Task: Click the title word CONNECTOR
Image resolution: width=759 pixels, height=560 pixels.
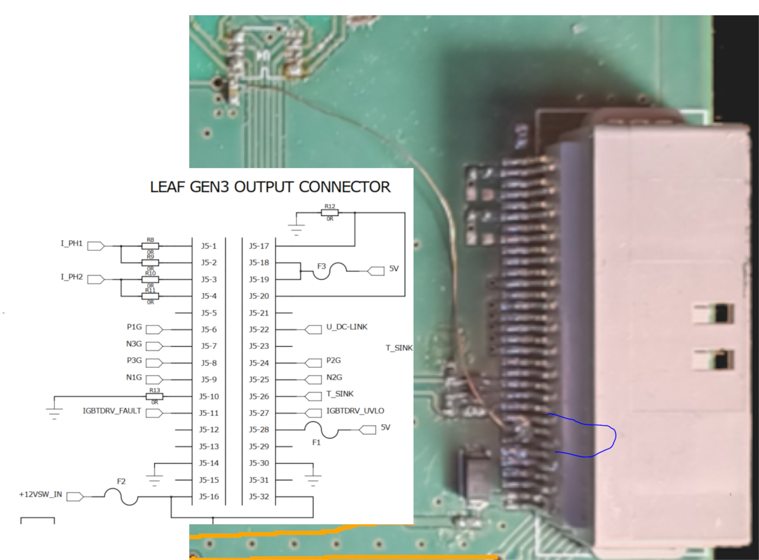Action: click(345, 187)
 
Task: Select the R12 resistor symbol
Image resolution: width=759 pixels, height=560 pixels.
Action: click(329, 213)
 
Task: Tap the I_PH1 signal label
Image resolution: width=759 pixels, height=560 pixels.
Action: click(72, 243)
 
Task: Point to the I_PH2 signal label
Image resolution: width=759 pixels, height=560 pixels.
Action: click(72, 277)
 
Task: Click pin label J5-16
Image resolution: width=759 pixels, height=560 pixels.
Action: click(208, 497)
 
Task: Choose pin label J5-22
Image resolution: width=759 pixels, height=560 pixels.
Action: click(259, 330)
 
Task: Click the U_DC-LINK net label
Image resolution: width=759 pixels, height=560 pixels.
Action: click(347, 327)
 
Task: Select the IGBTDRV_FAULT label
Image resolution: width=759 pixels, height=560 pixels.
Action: click(112, 411)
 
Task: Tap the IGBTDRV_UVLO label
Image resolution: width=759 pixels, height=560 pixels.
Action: click(355, 411)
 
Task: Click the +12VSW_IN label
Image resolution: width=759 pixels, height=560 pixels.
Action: click(41, 495)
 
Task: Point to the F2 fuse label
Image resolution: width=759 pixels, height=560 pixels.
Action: click(121, 482)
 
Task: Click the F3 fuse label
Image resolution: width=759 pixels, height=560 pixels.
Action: click(321, 266)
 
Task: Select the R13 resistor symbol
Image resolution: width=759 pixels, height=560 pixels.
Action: click(154, 396)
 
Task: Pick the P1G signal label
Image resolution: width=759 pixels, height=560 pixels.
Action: click(134, 327)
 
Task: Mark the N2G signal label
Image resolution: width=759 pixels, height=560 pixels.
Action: click(334, 377)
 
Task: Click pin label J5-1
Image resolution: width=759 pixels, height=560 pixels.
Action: click(208, 246)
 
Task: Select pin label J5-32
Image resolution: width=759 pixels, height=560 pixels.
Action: click(259, 497)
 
